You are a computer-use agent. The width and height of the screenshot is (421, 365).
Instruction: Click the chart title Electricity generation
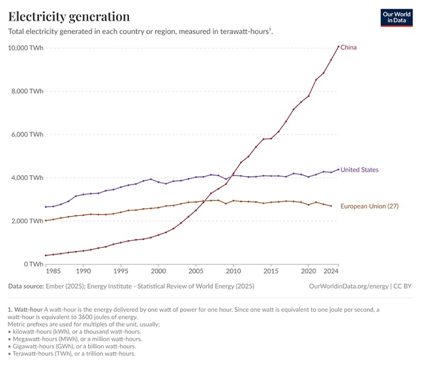pyautogui.click(x=69, y=17)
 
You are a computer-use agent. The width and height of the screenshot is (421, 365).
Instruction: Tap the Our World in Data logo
pyautogui.click(x=396, y=17)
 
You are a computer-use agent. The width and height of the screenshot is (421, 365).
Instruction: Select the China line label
pyautogui.click(x=349, y=47)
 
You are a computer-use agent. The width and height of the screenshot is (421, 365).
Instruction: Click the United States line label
pyautogui.click(x=359, y=170)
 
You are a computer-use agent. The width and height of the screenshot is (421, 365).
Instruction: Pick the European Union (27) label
pyautogui.click(x=369, y=206)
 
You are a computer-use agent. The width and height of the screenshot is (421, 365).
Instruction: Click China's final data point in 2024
pyautogui.click(x=339, y=46)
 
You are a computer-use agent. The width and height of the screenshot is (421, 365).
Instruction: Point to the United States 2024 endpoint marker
pyautogui.click(x=339, y=169)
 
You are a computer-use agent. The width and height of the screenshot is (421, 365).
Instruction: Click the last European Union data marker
pyautogui.click(x=331, y=206)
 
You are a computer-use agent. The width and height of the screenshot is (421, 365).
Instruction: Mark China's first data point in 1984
pyautogui.click(x=46, y=255)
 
